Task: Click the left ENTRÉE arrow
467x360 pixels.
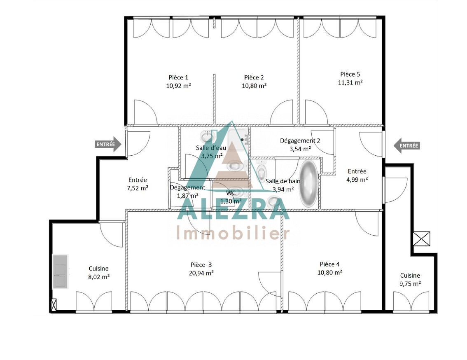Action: point(108,144)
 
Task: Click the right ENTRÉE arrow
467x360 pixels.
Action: point(407,146)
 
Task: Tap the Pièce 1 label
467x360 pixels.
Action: point(178,77)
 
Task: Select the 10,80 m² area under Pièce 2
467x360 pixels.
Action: point(254,86)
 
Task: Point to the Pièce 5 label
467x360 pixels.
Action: point(350,74)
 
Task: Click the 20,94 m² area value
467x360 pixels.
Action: point(201,273)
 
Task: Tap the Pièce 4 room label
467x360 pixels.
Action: point(330,264)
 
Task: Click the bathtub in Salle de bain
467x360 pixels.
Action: point(308,184)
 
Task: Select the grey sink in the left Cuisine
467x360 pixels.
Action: point(60,271)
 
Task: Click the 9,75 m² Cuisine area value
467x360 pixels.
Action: point(410,284)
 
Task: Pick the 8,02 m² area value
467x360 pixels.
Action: point(99,277)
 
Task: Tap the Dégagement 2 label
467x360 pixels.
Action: point(300,140)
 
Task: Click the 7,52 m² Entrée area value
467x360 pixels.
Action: point(138,188)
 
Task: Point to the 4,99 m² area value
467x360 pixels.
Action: point(357,180)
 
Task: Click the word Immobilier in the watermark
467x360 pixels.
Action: point(233,233)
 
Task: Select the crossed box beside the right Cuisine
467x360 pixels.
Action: point(421,239)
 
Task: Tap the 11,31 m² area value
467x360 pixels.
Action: point(350,82)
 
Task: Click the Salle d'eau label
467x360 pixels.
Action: point(211,148)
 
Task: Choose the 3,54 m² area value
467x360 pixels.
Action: point(300,149)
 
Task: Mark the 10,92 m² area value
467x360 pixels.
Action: point(178,86)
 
